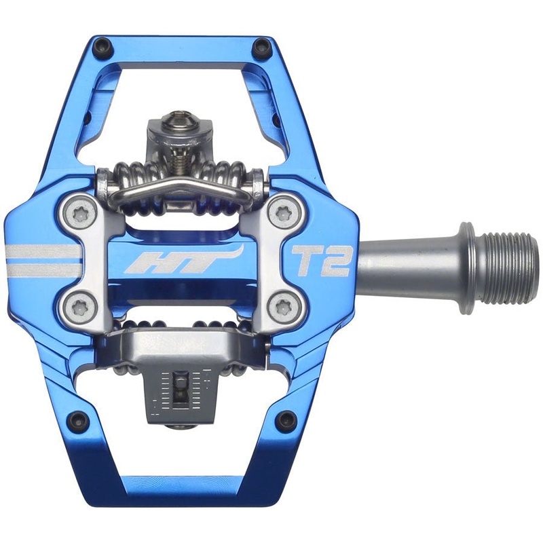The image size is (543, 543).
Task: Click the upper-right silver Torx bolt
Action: (279, 212)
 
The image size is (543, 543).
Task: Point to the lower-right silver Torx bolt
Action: (280, 310)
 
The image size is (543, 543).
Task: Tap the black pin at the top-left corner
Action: (103, 45)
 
